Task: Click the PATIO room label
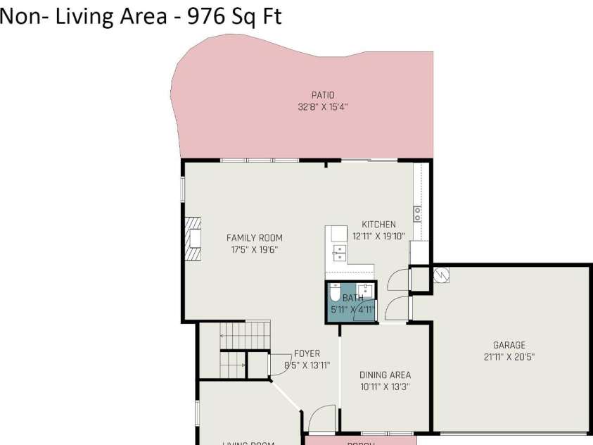[x=323, y=95]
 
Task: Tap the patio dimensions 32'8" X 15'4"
[x=323, y=107]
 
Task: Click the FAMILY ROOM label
[x=254, y=238]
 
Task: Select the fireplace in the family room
[x=193, y=239]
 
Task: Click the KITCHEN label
[x=378, y=225]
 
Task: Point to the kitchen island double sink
[x=339, y=252]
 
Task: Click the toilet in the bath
[x=336, y=292]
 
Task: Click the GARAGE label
[x=509, y=345]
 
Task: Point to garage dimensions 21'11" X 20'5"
[x=509, y=357]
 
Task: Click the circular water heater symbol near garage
[x=441, y=275]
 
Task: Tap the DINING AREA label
[x=385, y=375]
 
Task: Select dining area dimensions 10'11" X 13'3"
[x=385, y=387]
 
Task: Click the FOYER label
[x=307, y=353]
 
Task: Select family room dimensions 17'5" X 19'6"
[x=254, y=249]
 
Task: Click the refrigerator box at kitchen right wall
[x=419, y=252]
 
